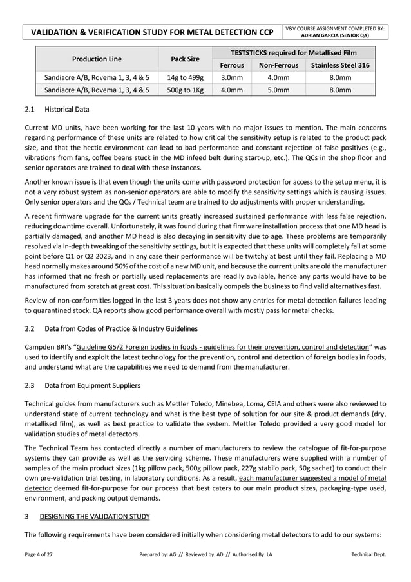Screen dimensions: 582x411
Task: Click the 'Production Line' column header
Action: click(x=97, y=59)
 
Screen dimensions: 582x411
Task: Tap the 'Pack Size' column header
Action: click(x=185, y=59)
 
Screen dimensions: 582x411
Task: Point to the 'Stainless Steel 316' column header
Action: click(x=340, y=65)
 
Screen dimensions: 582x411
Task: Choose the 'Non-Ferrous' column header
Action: click(x=277, y=65)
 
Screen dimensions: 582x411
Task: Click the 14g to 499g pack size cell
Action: click(x=185, y=78)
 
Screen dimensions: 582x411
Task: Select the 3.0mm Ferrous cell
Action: click(x=232, y=78)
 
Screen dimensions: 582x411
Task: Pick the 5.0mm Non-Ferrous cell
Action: click(x=277, y=90)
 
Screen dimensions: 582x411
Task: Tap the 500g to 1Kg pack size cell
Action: click(x=185, y=90)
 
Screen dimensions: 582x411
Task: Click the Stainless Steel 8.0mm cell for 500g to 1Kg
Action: click(x=340, y=90)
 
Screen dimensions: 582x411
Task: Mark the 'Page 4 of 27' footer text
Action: click(x=41, y=555)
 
